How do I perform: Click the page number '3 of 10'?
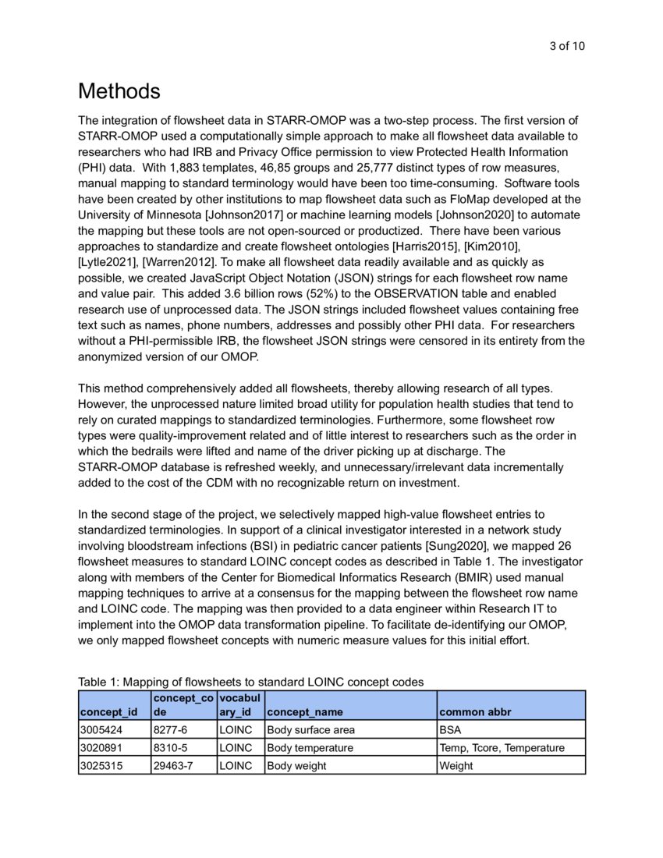click(567, 46)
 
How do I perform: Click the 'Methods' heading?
click(119, 91)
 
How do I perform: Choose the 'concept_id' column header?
click(108, 712)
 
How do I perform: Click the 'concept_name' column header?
click(305, 712)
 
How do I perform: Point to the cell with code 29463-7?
click(173, 766)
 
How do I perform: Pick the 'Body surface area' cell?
click(311, 730)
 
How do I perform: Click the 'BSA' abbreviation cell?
click(451, 730)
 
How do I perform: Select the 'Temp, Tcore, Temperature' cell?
click(502, 748)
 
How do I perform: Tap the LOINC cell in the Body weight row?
click(236, 766)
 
